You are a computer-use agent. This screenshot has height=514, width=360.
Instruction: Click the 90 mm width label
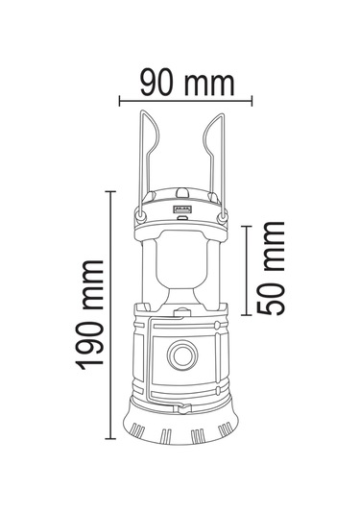187,85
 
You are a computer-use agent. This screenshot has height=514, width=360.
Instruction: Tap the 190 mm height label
89,315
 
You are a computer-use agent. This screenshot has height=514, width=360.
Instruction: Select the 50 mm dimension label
271,268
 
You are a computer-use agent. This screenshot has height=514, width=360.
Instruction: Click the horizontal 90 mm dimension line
185,101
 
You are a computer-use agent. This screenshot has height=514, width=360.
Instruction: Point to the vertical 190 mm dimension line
110,315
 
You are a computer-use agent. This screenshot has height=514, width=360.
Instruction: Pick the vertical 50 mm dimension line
247,270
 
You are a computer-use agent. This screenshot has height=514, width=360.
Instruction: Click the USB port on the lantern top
181,208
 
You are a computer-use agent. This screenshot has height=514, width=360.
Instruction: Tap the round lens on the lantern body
182,355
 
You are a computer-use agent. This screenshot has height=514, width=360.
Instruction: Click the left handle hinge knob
141,216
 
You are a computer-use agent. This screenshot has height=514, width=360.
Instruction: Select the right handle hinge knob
223,217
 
